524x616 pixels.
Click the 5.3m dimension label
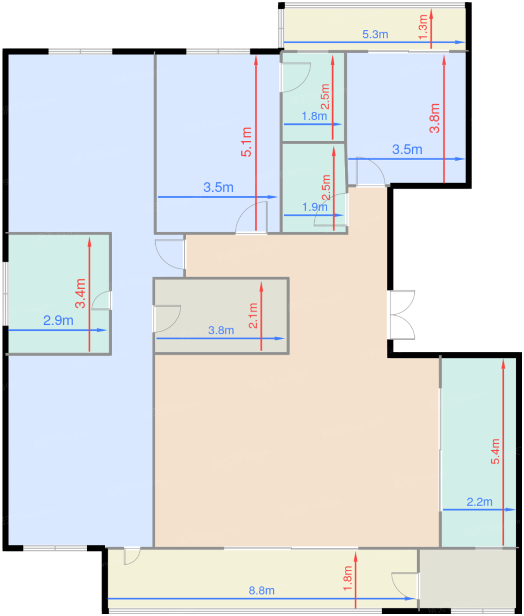click(x=375, y=35)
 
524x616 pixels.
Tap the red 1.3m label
click(x=423, y=27)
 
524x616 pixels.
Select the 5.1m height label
click(x=246, y=142)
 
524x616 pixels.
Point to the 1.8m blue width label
click(x=314, y=116)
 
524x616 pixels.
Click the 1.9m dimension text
click(x=315, y=207)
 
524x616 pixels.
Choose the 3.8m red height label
click(x=435, y=118)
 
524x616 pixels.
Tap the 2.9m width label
click(x=58, y=321)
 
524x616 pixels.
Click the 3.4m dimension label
click(x=81, y=293)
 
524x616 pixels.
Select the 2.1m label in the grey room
click(x=253, y=316)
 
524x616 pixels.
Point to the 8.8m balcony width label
click(x=261, y=590)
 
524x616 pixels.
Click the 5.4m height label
click(x=495, y=451)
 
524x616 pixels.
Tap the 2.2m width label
click(x=479, y=502)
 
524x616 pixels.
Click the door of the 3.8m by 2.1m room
click(x=167, y=319)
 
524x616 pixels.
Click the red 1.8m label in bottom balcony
click(x=348, y=578)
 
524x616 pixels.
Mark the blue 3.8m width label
click(x=221, y=330)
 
